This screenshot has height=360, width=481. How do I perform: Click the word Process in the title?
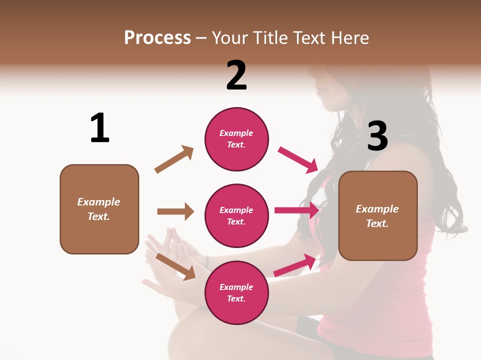[157, 38]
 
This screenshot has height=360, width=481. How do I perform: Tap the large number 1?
[100, 128]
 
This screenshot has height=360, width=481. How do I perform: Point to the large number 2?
[236, 75]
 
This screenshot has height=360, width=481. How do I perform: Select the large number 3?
[377, 136]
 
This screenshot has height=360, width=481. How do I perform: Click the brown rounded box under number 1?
[99, 209]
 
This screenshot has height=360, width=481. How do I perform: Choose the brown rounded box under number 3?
[378, 215]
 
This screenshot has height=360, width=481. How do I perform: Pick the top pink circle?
[236, 139]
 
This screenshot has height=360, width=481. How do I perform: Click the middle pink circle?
[236, 215]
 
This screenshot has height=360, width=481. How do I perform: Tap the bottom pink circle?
[236, 292]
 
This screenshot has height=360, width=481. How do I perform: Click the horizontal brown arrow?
[175, 211]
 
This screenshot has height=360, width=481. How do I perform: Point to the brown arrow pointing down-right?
[176, 266]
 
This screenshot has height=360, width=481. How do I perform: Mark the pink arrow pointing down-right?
[299, 160]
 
